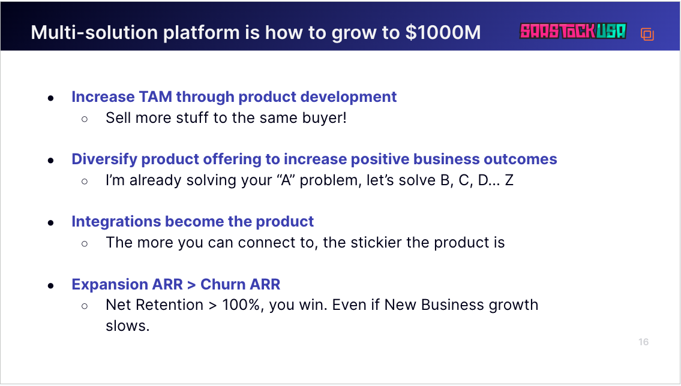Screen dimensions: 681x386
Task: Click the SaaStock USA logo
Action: [573, 31]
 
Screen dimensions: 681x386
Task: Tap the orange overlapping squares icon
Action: [647, 34]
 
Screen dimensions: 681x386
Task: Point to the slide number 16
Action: [643, 342]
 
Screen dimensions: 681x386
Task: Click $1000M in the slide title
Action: [443, 32]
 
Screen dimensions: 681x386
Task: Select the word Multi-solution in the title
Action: [94, 32]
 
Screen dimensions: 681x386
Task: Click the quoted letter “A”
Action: [286, 180]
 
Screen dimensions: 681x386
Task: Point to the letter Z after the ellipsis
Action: [509, 180]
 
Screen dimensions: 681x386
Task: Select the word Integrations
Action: [116, 222]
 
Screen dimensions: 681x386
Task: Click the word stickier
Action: [376, 242]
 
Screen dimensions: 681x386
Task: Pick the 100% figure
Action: [241, 305]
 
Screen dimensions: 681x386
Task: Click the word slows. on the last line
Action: [127, 325]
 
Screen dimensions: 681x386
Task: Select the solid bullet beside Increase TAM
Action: [51, 98]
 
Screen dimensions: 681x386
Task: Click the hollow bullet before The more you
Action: [85, 244]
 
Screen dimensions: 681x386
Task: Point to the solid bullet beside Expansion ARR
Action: [51, 286]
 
